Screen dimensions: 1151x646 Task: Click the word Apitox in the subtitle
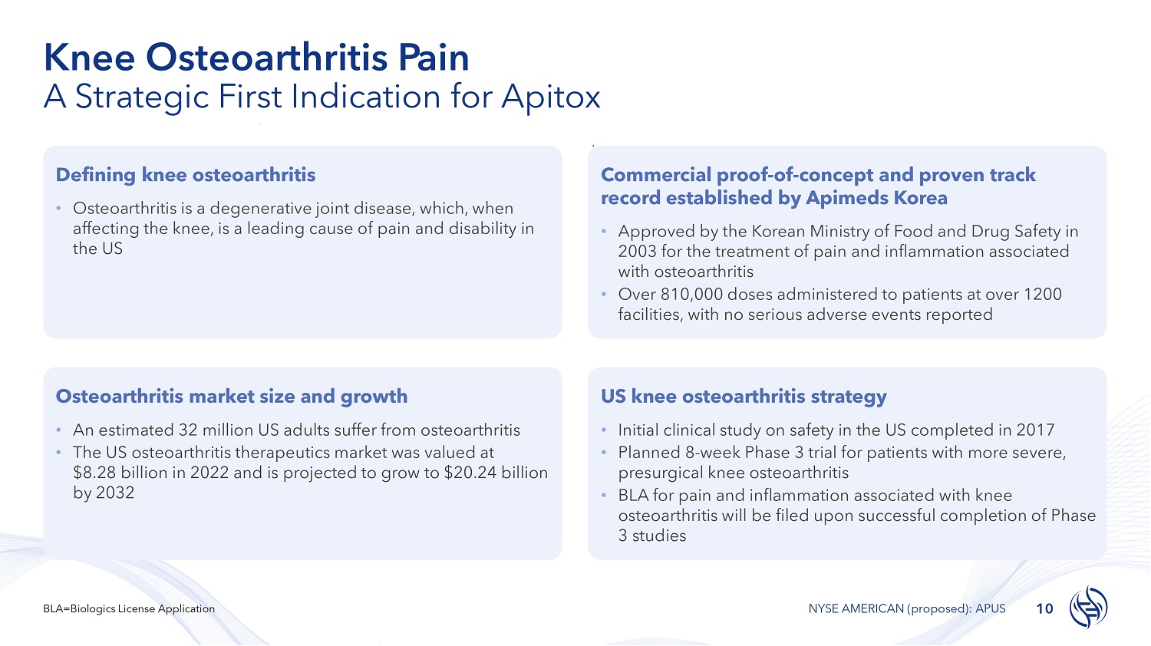point(550,97)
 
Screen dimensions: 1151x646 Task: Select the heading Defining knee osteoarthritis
point(186,175)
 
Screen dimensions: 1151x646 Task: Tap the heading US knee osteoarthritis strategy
point(744,397)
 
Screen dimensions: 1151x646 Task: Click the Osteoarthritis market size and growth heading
point(232,397)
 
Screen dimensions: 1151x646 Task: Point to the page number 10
point(1044,609)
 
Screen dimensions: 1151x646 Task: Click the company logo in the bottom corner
point(1088,607)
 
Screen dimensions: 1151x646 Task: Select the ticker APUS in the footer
point(990,609)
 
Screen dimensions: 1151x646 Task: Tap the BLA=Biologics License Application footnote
point(129,609)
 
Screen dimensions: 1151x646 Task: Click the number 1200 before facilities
point(1043,295)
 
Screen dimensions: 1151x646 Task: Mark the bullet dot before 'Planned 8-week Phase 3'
point(605,453)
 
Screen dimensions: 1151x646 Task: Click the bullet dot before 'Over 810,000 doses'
point(605,295)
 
